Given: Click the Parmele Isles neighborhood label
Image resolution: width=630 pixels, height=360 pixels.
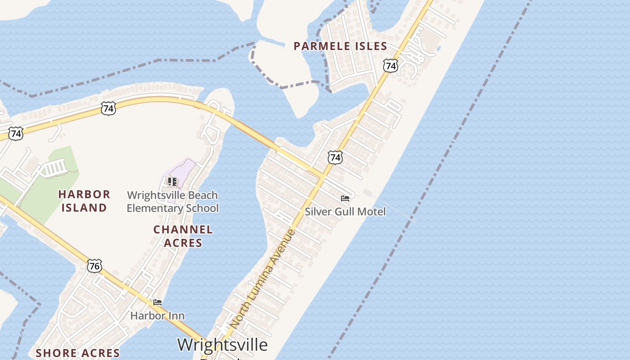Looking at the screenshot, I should (340, 46).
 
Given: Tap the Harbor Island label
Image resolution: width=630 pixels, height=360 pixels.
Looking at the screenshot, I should (84, 201).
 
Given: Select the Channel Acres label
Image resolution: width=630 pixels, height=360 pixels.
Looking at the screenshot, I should (183, 236).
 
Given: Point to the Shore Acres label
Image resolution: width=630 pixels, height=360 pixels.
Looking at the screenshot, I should (77, 353).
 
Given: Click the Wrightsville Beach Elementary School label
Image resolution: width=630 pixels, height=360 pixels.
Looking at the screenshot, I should (172, 202).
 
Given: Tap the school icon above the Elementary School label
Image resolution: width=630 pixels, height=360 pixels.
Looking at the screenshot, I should (172, 182).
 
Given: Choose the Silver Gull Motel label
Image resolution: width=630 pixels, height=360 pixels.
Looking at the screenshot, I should (345, 211).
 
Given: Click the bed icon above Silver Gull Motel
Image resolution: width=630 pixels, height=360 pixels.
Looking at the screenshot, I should (345, 198).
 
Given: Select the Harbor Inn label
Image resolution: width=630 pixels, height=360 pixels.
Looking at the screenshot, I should (157, 315).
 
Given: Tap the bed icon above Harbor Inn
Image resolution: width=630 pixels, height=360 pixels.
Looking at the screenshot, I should (157, 302).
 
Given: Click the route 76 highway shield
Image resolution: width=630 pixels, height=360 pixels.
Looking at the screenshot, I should (94, 265).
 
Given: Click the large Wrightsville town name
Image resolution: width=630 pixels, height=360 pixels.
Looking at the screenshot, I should (222, 345).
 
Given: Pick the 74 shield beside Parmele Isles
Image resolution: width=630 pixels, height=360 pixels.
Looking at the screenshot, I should (391, 66).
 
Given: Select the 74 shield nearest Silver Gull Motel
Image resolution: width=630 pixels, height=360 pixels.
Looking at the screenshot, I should (335, 157).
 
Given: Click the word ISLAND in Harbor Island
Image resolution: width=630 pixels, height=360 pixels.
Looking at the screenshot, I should (84, 207).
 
